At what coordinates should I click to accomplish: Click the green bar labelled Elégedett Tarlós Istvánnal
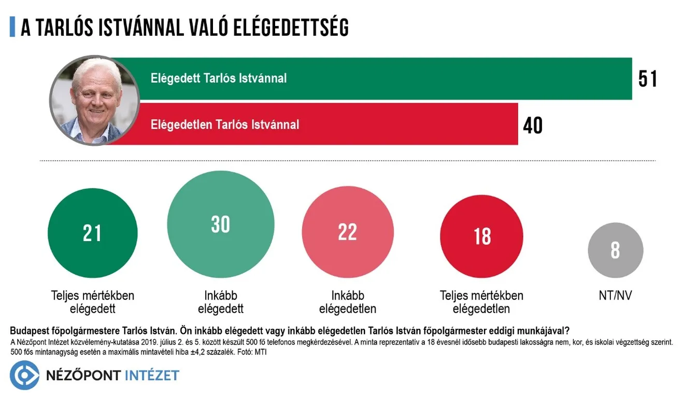pos(383,78)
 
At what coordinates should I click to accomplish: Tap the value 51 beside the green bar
pos(648,79)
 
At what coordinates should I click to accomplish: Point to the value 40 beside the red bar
pos(533,125)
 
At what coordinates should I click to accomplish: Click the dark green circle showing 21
pos(92,233)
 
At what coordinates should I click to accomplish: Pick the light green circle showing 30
pos(221,224)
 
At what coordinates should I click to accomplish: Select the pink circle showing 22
pos(347,232)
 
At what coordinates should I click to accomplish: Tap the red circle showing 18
pos(481,236)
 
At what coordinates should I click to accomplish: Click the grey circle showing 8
pos(615,250)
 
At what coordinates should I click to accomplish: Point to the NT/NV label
pos(615,296)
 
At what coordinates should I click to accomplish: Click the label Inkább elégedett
pos(221,302)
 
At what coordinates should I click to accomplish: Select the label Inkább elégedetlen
pos(348,302)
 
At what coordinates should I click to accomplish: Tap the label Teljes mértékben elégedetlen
pos(481,302)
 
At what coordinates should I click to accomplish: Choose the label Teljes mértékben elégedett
pos(92,302)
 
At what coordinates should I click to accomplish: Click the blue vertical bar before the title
pos(12,27)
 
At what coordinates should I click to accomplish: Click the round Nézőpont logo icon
pos(24,375)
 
